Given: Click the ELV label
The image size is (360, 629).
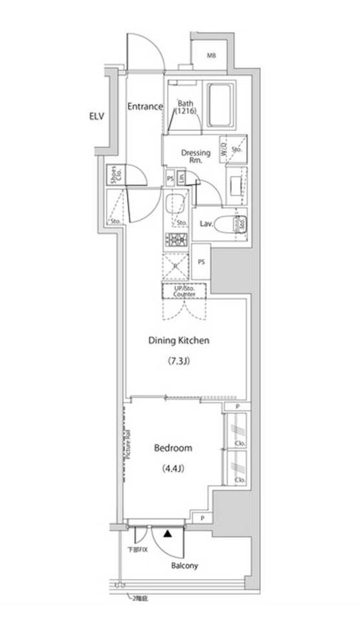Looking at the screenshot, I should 96,116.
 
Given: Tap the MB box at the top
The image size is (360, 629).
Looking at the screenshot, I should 211,55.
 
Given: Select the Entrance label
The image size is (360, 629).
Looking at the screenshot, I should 145,107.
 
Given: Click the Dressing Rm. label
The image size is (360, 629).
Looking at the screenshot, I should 195,156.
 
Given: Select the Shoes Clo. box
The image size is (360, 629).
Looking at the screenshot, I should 115,175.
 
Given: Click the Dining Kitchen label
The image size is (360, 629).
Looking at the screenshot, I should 178,341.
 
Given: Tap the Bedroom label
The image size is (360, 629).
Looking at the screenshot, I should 173,448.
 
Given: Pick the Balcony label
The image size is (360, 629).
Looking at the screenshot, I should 184,566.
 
